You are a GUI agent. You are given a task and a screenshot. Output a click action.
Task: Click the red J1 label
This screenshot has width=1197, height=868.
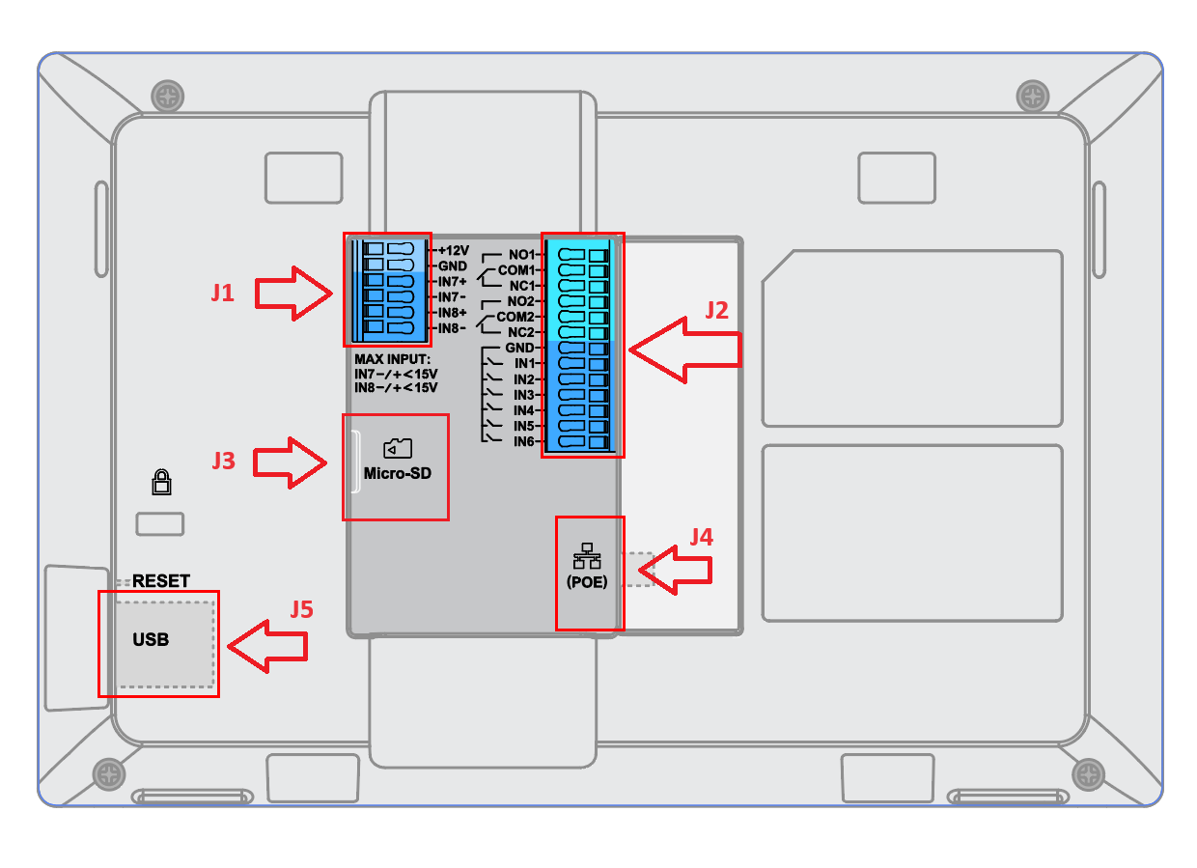tap(223, 293)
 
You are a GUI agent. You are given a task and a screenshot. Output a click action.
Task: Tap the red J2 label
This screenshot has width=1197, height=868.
tap(716, 311)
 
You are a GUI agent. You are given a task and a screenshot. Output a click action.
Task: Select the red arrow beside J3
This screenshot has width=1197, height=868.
tap(290, 462)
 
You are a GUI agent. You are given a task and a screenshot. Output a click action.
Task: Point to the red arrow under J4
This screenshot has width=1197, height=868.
tap(676, 571)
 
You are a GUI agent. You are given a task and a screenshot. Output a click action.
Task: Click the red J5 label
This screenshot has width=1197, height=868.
tap(301, 609)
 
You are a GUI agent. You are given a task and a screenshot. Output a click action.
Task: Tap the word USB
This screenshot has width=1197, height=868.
tap(151, 639)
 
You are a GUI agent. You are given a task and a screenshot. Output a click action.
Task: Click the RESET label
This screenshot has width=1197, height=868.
tap(161, 581)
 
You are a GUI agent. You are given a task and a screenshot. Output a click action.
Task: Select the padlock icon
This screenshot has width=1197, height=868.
tap(161, 482)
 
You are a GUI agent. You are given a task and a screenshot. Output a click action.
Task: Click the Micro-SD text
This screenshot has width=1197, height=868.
tap(398, 473)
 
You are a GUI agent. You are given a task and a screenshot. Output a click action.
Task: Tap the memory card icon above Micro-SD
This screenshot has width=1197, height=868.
tap(398, 448)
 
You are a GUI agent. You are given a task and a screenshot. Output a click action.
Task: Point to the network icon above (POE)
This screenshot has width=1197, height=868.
tap(587, 556)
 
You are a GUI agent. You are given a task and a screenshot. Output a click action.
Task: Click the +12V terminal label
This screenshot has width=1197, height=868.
tap(454, 251)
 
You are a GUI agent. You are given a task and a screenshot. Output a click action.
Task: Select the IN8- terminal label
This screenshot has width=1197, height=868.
tap(452, 328)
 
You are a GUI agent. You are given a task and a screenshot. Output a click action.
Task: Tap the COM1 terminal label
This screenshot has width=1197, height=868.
tap(516, 270)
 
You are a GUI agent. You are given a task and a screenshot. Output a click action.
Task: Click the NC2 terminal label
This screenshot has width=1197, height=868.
tap(521, 332)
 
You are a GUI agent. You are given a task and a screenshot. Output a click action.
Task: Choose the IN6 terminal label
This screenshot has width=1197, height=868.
tap(523, 442)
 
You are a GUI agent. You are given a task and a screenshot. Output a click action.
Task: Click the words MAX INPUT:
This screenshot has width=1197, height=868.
tap(392, 359)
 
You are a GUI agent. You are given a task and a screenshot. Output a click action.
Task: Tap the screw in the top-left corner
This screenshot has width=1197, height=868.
tap(168, 97)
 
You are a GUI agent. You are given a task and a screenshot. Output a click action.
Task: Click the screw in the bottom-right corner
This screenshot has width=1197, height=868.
tap(1089, 774)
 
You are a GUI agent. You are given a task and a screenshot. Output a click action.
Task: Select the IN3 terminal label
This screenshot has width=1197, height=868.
tap(523, 395)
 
